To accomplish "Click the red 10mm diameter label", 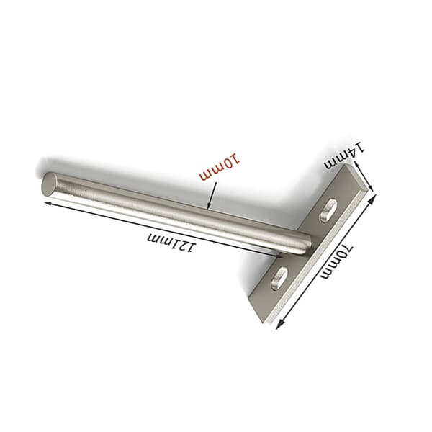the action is coord(220,168).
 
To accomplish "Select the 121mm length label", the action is coord(172,243).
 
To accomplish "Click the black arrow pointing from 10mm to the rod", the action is coord(212,195).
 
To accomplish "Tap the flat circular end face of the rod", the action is coord(48,184).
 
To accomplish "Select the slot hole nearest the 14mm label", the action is coord(327,211).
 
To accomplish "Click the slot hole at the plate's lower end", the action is coord(279,278).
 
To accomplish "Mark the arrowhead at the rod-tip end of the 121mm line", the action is coord(48,204).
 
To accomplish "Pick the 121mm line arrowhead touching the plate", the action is coord(279,256).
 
